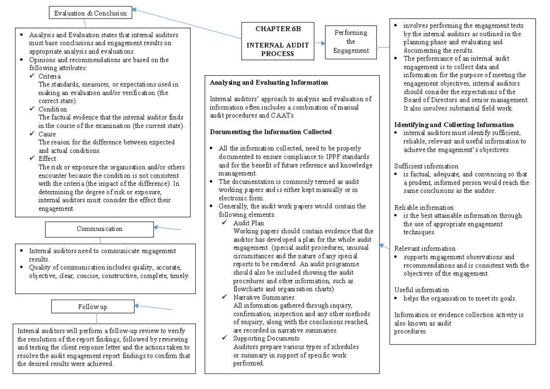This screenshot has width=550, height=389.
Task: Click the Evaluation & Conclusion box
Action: point(90,13)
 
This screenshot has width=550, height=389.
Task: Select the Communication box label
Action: point(99,229)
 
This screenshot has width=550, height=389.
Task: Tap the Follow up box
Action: point(92,307)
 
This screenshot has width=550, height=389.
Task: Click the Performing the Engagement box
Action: point(351,42)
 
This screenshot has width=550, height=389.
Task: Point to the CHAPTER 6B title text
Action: point(278,29)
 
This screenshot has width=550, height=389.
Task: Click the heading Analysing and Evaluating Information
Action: point(269,83)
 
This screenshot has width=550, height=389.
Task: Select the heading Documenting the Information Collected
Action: point(270,132)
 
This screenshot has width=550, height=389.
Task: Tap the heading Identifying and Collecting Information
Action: point(454,125)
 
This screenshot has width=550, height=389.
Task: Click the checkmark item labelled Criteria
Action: point(49,77)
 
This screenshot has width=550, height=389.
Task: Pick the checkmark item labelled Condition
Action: point(52,109)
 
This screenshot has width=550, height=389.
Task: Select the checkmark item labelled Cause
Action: point(47,134)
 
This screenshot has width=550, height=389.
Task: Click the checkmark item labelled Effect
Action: point(47,159)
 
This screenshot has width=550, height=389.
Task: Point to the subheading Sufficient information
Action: point(426,166)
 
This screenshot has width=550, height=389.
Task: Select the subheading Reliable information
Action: point(424,208)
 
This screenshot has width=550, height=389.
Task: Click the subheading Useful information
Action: point(422,290)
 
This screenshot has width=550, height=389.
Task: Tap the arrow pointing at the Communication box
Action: point(167,228)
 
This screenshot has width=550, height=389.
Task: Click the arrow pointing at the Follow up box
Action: point(153,307)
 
